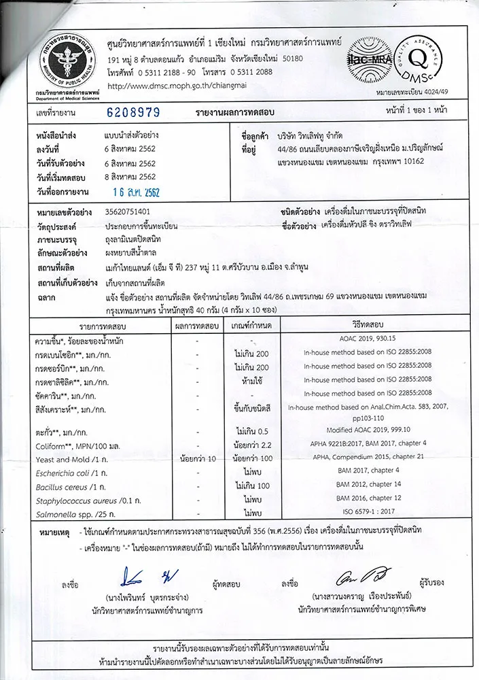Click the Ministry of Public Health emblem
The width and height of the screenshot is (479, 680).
58,56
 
